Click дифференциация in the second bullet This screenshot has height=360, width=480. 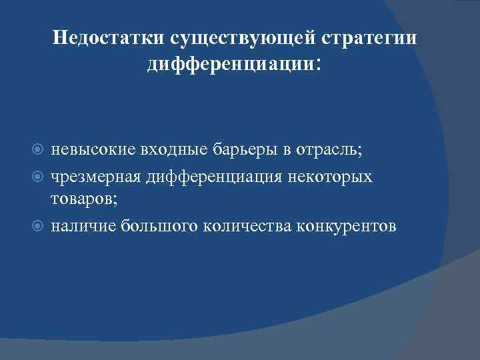coord(207,177)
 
